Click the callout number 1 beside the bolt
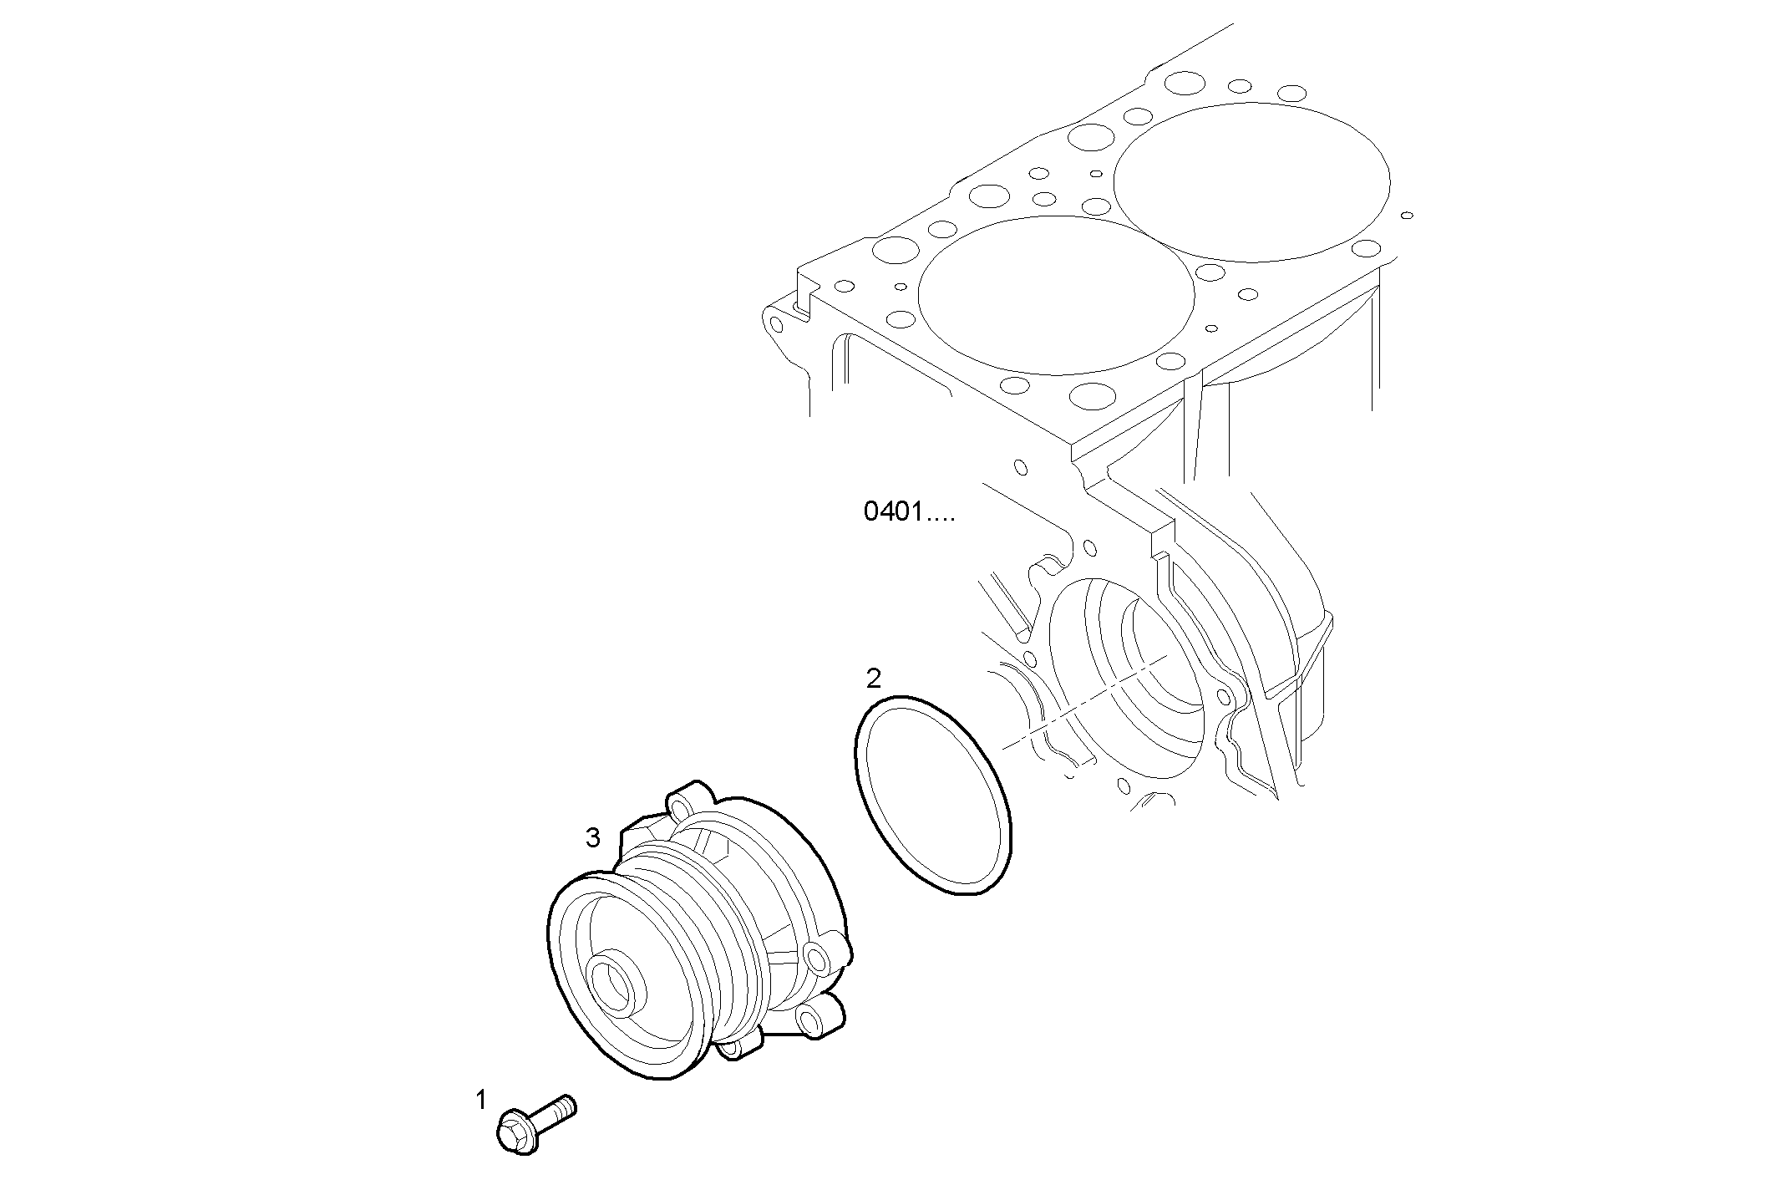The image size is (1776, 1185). [x=480, y=1100]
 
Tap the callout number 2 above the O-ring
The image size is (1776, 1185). [x=873, y=679]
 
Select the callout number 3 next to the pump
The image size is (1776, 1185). [x=592, y=837]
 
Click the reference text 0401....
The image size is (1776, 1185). [x=908, y=512]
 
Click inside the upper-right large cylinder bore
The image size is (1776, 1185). [x=1251, y=181]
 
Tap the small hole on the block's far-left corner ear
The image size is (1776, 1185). [x=777, y=323]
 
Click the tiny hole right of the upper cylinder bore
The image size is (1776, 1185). [x=1407, y=215]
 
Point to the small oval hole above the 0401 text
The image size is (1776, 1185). [x=1019, y=466]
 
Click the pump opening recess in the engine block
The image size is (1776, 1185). [x=1128, y=677]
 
